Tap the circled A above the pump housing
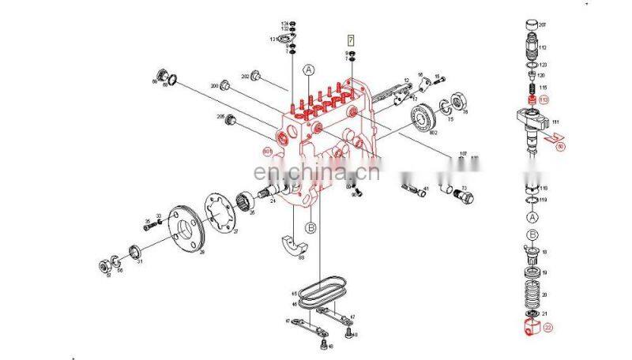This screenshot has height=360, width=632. pos(309,70)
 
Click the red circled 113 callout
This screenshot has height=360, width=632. pos(543,101)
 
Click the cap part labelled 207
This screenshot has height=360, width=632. pos(531,28)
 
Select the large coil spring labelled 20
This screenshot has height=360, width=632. pos(532,289)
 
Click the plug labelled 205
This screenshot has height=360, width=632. pos(231,122)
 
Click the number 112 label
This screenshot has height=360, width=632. pos(544,47)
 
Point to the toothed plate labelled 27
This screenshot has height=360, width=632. pos(220,213)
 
